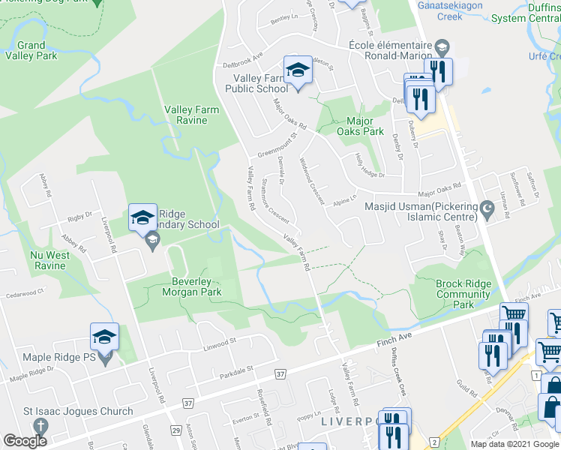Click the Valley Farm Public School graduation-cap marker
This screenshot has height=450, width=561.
pyautogui.click(x=298, y=70)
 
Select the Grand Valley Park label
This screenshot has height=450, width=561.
pyautogui.click(x=31, y=50)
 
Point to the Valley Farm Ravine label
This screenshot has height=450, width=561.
pyautogui.click(x=192, y=115)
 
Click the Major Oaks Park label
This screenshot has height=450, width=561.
pyautogui.click(x=364, y=126)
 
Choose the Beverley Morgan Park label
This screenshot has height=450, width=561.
pyautogui.click(x=191, y=286)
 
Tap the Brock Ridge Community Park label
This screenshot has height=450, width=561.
pyautogui.click(x=464, y=294)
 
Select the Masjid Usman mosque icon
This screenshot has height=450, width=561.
pyautogui.click(x=487, y=207)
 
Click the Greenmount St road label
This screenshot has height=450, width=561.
pyautogui.click(x=278, y=145)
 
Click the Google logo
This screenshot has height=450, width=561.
pyautogui.click(x=25, y=441)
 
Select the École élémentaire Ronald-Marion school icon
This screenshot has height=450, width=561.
pyautogui.click(x=442, y=46)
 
